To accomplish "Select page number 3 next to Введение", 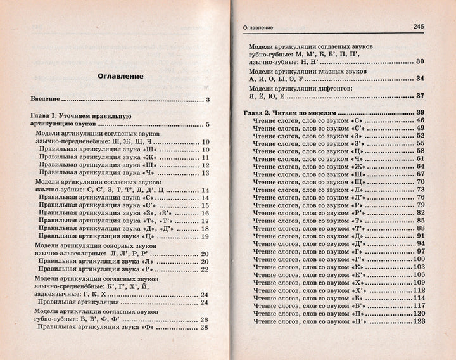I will click(207, 101).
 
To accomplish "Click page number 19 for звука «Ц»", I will click(205, 236).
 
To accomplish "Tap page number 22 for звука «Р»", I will click(205, 269).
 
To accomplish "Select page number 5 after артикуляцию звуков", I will click(207, 125).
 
